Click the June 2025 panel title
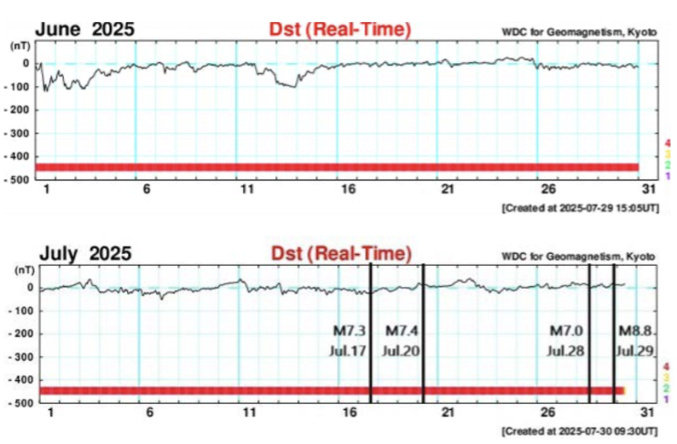click(85, 29)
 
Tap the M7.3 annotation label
click(349, 330)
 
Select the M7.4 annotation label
click(402, 330)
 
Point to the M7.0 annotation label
click(566, 330)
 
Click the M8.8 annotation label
click(637, 330)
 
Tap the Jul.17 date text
click(349, 350)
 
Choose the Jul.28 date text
click(566, 350)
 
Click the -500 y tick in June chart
click(19, 180)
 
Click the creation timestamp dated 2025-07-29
click(579, 208)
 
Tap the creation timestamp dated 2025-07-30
click(579, 429)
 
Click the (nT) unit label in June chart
click(20, 44)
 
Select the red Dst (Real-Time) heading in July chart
click(340, 252)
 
